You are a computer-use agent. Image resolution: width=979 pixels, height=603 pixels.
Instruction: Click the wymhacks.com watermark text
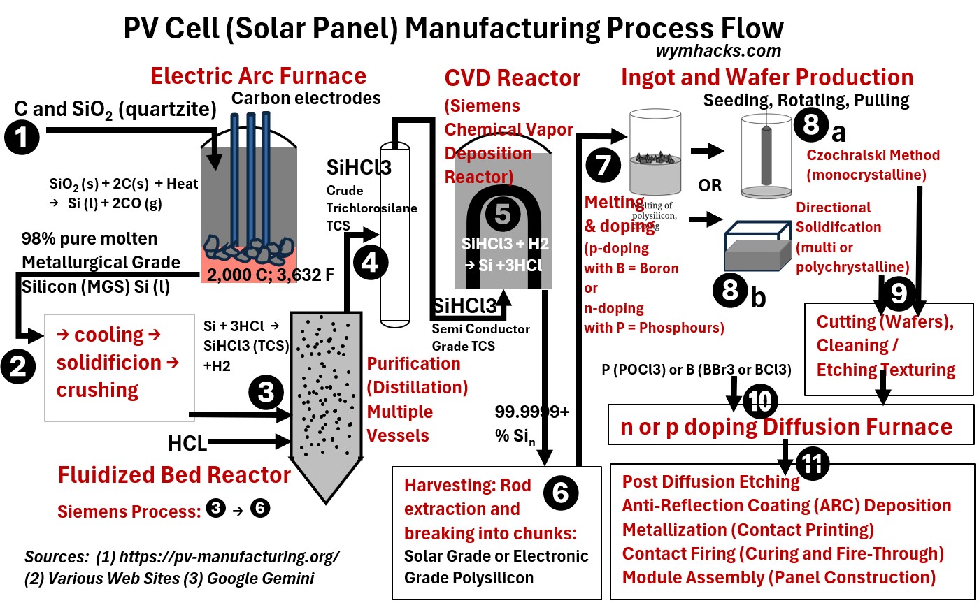point(718,51)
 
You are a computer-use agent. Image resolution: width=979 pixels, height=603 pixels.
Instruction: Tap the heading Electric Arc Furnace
point(259,75)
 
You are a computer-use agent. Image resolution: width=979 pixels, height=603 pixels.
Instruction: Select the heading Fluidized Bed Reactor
point(173,475)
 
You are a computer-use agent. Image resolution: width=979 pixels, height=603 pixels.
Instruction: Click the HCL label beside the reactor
point(186,443)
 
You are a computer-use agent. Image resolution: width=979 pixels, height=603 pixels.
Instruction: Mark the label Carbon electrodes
point(306,98)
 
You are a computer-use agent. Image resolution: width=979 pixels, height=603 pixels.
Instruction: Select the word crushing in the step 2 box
point(97,389)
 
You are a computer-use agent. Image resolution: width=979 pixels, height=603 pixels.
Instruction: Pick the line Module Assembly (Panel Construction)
point(778,578)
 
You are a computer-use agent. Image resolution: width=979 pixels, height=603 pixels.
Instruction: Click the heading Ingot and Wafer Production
point(767,77)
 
